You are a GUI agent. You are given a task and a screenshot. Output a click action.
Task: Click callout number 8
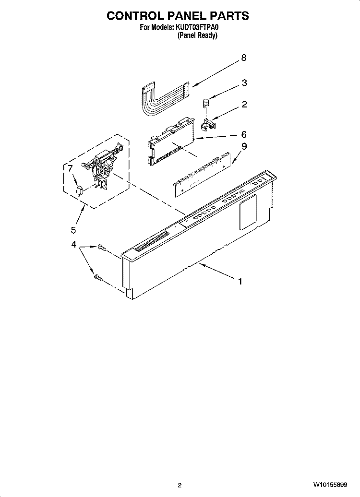pyautogui.click(x=243, y=58)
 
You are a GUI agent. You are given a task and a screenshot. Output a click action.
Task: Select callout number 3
pyautogui.click(x=244, y=83)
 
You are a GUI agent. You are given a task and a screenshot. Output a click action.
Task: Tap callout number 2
pyautogui.click(x=244, y=104)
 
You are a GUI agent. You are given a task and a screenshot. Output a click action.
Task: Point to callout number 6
pyautogui.click(x=243, y=135)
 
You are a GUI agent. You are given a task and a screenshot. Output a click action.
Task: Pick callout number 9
pyautogui.click(x=244, y=147)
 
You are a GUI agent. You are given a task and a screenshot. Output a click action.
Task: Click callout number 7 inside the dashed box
pyautogui.click(x=70, y=169)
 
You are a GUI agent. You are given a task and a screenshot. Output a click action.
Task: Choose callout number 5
pyautogui.click(x=73, y=230)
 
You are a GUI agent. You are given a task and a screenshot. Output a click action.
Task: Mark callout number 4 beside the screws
pyautogui.click(x=73, y=244)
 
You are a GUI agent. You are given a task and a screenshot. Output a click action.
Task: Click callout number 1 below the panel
pyautogui.click(x=240, y=281)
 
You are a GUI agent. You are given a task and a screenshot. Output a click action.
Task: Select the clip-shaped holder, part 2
pyautogui.click(x=208, y=124)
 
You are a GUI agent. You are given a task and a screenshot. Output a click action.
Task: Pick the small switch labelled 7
pyautogui.click(x=80, y=191)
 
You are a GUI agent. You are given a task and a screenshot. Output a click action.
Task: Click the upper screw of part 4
pyautogui.click(x=101, y=247)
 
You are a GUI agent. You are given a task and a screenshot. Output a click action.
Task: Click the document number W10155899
pyautogui.click(x=330, y=485)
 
